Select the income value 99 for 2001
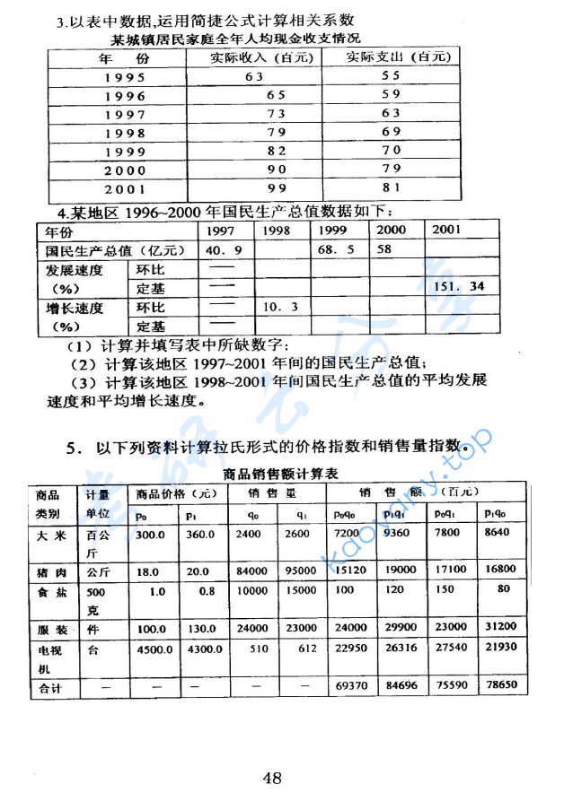click(x=276, y=189)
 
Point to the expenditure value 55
click(x=391, y=76)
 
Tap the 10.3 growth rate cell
click(x=279, y=307)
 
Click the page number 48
click(x=272, y=778)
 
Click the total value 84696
click(x=396, y=686)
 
